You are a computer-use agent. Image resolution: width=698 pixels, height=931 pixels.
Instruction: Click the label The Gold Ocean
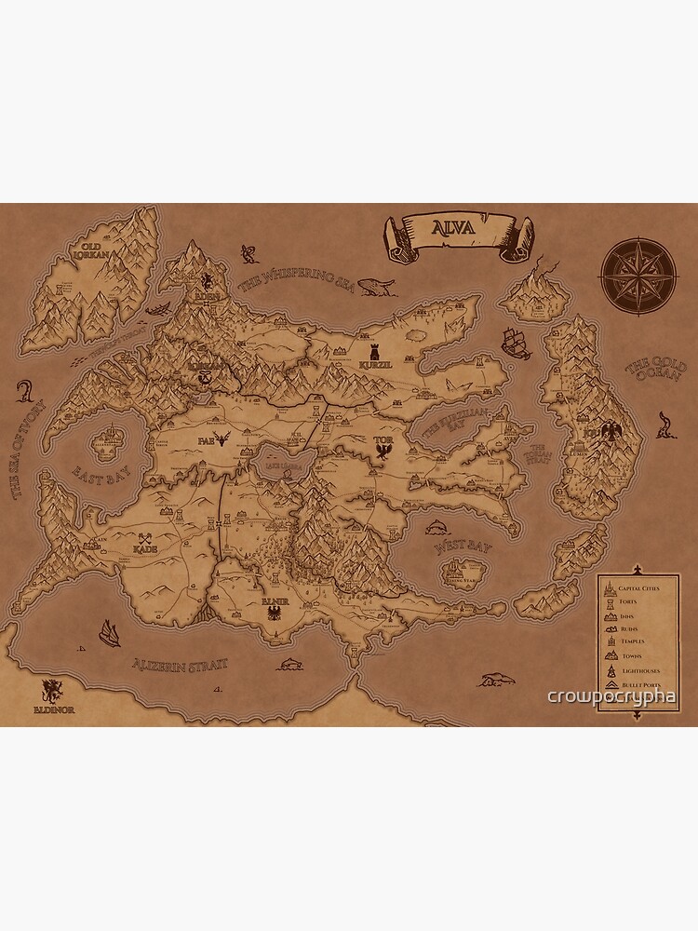pyautogui.click(x=656, y=370)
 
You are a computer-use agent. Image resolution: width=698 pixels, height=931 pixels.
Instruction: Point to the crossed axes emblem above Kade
pyautogui.click(x=145, y=537)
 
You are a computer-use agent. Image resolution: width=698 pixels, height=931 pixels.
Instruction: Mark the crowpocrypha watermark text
pyautogui.click(x=612, y=696)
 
